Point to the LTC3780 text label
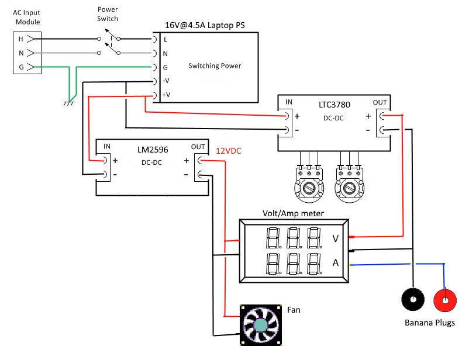coord(334,105)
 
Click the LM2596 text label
coord(154,150)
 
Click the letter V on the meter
coord(335,238)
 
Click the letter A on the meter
coord(335,263)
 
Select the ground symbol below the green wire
coord(68,103)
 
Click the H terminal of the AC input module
coord(22,39)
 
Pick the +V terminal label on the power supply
coord(166,95)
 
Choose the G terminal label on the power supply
coord(165,67)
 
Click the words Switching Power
coord(215,66)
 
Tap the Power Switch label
coord(108,14)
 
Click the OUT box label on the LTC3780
coord(380,102)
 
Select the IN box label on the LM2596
coord(107,146)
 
